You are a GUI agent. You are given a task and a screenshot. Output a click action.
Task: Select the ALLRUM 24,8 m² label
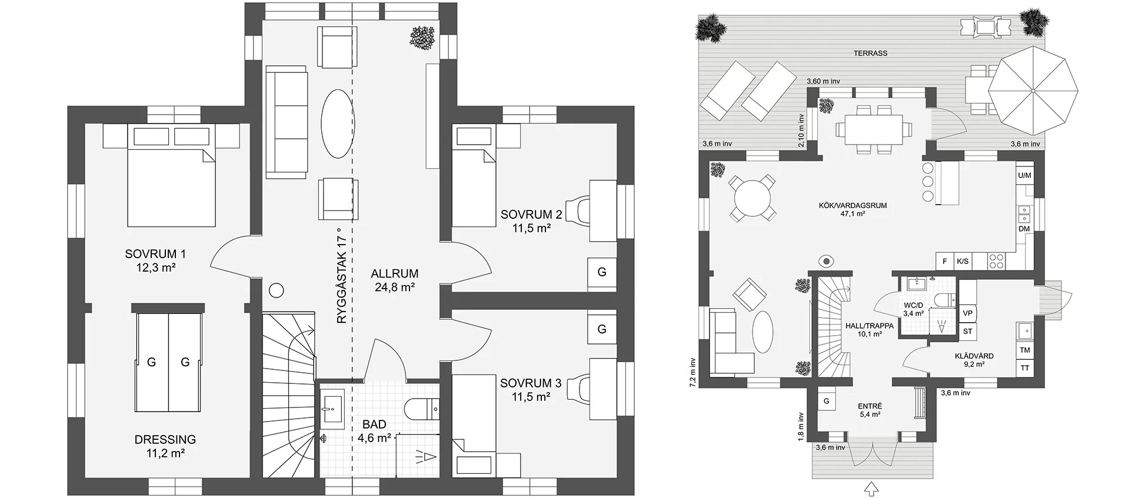point(394,280)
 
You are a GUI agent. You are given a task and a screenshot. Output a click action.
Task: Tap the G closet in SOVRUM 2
point(602,273)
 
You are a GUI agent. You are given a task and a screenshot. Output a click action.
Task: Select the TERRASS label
point(871,54)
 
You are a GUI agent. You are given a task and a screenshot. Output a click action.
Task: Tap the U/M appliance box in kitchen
point(1024,176)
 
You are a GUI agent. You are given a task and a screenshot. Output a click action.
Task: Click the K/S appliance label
point(963,262)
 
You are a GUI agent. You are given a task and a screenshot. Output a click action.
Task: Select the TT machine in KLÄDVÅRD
point(1025,367)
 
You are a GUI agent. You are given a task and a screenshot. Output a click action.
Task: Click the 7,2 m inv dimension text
point(693,372)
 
